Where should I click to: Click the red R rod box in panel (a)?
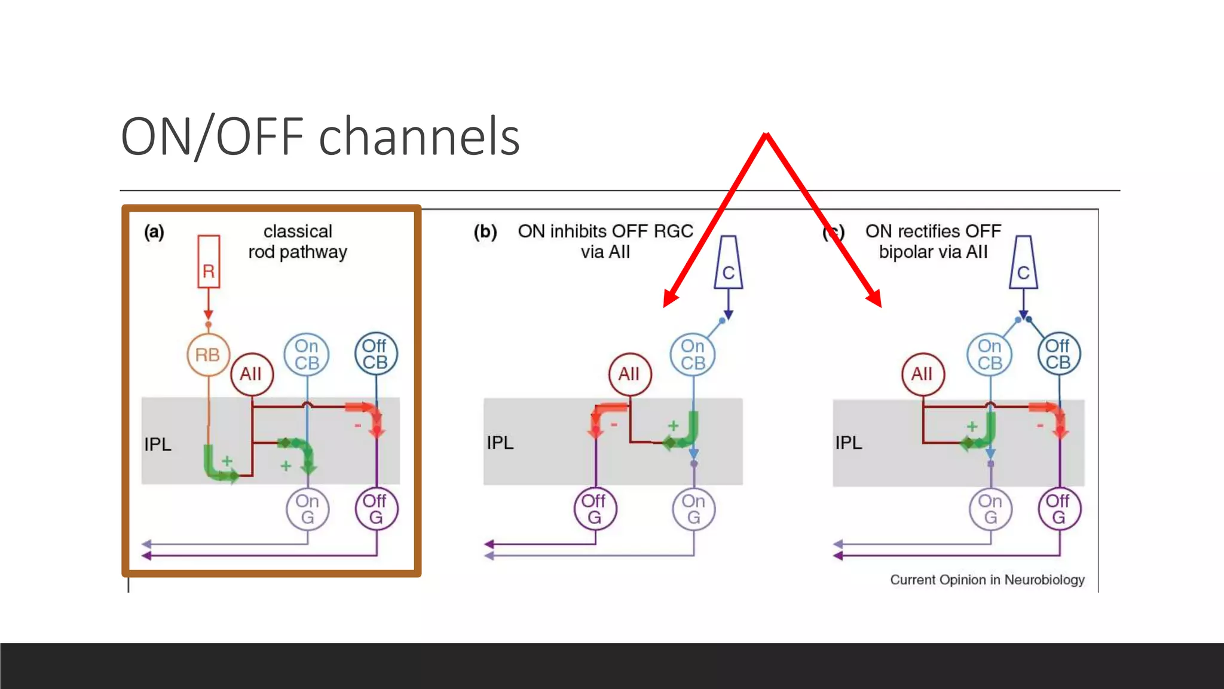point(209,262)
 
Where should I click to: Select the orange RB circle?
point(208,355)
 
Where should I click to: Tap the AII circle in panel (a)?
point(252,374)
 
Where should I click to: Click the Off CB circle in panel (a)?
point(375,354)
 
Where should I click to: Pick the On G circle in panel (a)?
point(307,509)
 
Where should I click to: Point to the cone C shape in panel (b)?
point(729,263)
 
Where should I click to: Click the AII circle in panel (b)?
point(629,374)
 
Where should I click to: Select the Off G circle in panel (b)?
point(595,509)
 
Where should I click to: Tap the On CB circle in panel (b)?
point(693,355)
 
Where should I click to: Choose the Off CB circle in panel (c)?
point(1058,354)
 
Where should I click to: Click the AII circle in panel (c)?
point(922,374)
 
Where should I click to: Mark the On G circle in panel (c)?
point(990,509)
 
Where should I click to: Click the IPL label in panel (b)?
point(500,443)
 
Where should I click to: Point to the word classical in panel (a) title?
point(298,231)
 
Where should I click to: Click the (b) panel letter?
point(485,231)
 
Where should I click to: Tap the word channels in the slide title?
point(419,137)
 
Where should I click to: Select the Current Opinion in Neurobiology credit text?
point(987,580)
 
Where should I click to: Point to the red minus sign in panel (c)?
point(1040,425)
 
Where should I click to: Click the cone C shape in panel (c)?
point(1023,263)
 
